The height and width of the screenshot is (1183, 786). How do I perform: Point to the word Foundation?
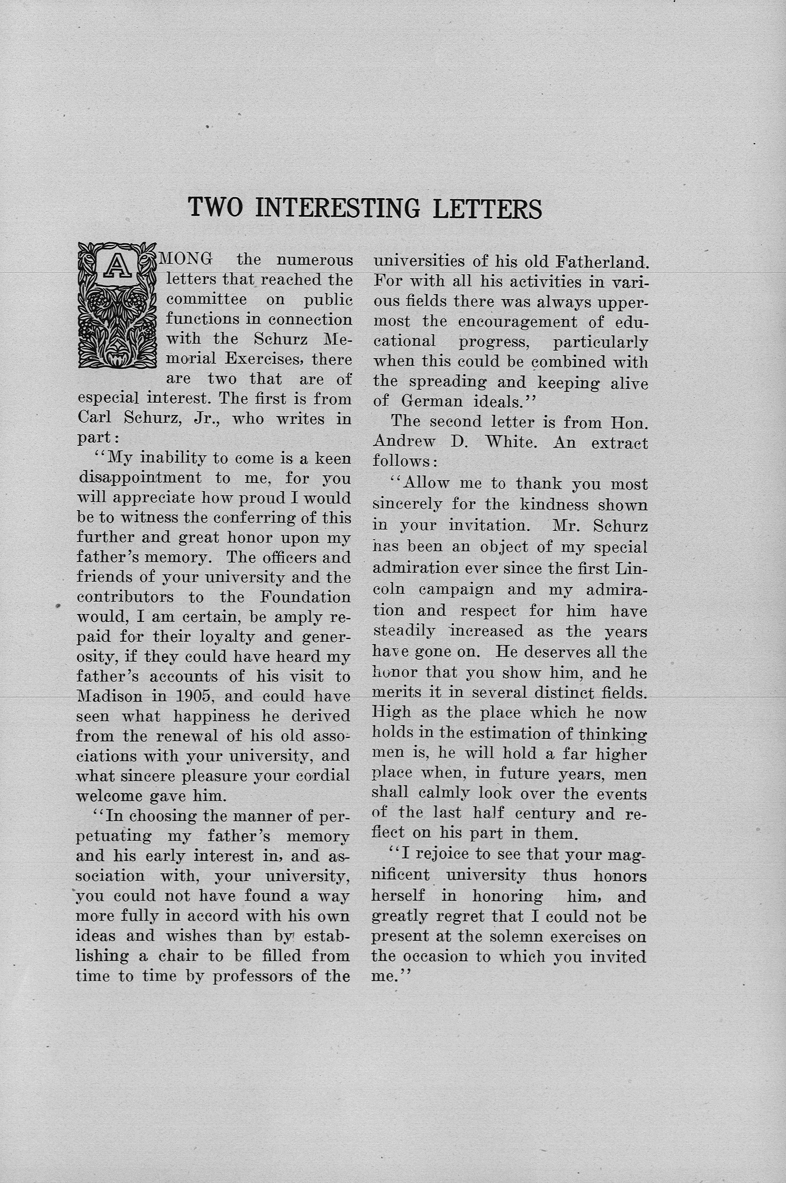305,597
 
